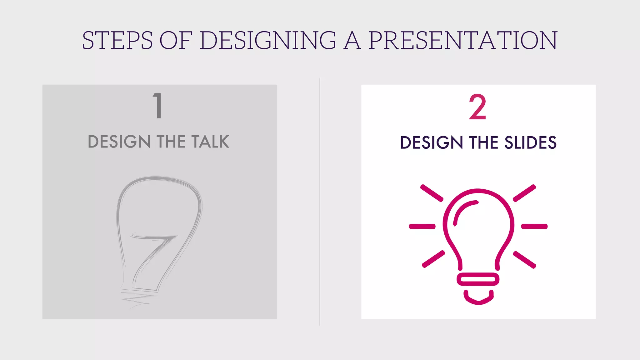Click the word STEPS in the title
117,41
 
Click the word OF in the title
176,41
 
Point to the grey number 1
158,106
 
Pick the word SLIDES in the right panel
530,143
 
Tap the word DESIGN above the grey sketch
119,142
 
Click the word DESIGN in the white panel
432,143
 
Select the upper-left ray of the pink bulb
432,193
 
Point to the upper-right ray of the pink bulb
524,193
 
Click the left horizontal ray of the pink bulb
422,226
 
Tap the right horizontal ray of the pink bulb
534,226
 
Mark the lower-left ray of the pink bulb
433,259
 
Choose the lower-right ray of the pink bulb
525,259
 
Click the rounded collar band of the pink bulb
478,279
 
